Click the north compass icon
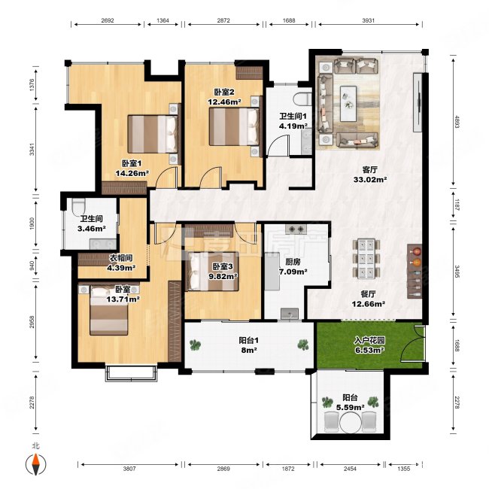click(x=36, y=464)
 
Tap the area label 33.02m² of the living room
click(x=370, y=180)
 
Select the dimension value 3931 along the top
click(x=369, y=20)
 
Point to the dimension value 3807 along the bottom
click(x=129, y=468)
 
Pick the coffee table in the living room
click(x=348, y=103)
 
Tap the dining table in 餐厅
click(x=366, y=258)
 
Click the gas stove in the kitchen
click(x=296, y=229)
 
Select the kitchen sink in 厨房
click(x=290, y=314)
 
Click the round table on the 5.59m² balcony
click(x=351, y=423)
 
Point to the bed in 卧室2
click(x=234, y=126)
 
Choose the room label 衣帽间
click(x=121, y=258)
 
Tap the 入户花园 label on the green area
click(x=369, y=340)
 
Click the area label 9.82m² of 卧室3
click(x=223, y=276)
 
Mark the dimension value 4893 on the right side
click(x=457, y=122)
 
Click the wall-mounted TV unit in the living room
click(x=418, y=102)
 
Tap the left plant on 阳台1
click(x=196, y=345)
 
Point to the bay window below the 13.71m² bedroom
click(x=131, y=374)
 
